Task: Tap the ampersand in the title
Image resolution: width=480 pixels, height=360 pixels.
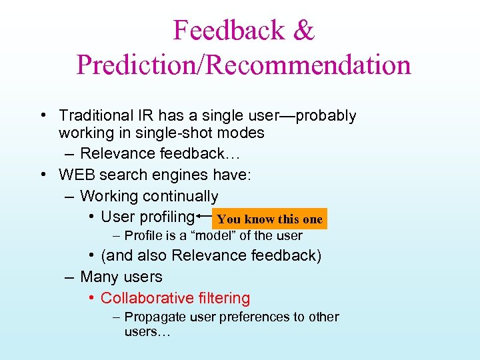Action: point(303,30)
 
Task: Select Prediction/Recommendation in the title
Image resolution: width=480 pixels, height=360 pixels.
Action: point(243,65)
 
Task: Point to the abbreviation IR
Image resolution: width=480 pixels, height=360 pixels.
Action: point(146,116)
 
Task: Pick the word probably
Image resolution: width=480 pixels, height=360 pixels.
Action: point(326,116)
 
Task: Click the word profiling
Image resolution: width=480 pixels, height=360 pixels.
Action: point(166,217)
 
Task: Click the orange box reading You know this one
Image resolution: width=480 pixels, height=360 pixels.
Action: point(269,219)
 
